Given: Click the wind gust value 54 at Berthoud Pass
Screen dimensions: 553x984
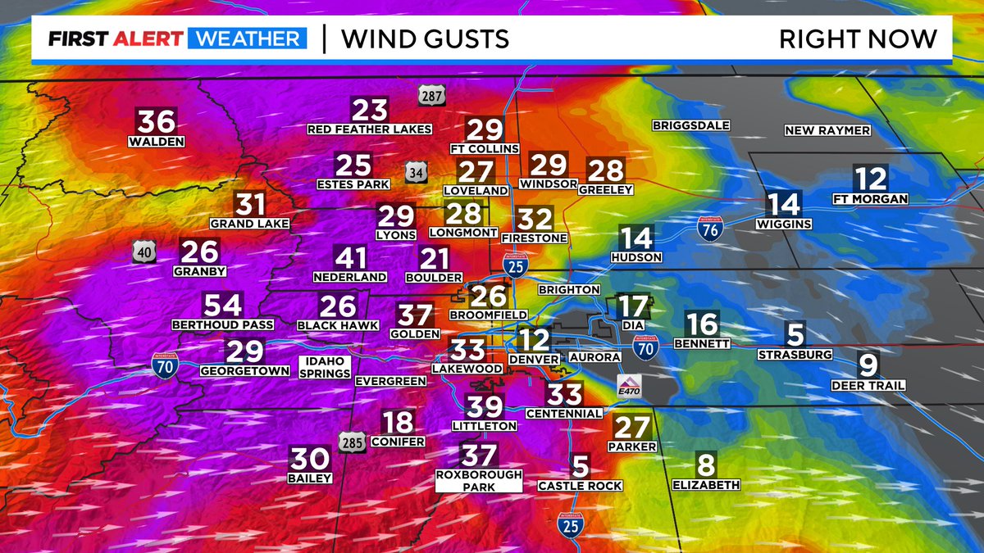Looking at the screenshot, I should (x=223, y=305).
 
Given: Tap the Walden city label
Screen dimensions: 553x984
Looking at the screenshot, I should (x=156, y=142).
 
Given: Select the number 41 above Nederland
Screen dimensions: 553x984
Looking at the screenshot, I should (x=351, y=258).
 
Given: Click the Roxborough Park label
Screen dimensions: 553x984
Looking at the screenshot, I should (x=479, y=480).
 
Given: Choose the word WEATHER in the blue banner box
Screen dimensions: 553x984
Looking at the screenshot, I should (x=248, y=39).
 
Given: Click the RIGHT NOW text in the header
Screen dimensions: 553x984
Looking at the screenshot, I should (x=857, y=39).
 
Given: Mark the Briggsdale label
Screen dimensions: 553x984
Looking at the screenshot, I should (x=690, y=125).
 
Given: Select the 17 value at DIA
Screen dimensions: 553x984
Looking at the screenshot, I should (x=632, y=306).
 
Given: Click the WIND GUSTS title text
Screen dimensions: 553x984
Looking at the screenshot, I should (x=425, y=39).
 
